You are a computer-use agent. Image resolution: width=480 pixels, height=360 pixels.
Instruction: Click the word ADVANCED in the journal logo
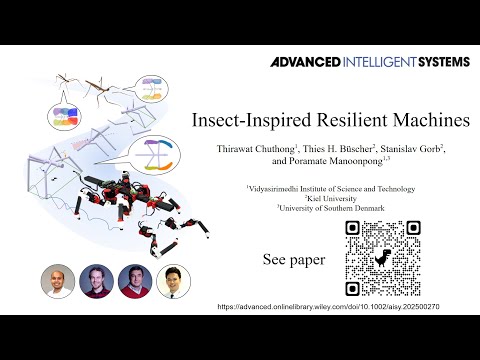[303, 62]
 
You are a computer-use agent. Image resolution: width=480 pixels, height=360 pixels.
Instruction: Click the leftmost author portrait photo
[57, 282]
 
